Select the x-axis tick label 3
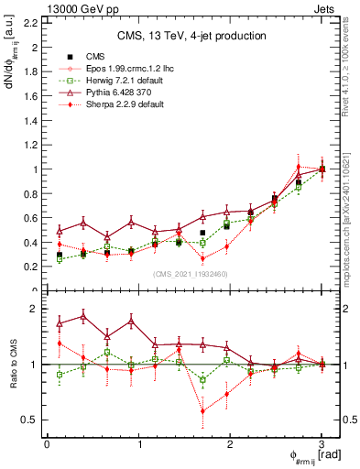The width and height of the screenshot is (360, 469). click(322, 444)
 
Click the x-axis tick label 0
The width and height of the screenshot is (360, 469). click(47, 444)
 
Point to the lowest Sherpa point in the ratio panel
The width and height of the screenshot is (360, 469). click(202, 411)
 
